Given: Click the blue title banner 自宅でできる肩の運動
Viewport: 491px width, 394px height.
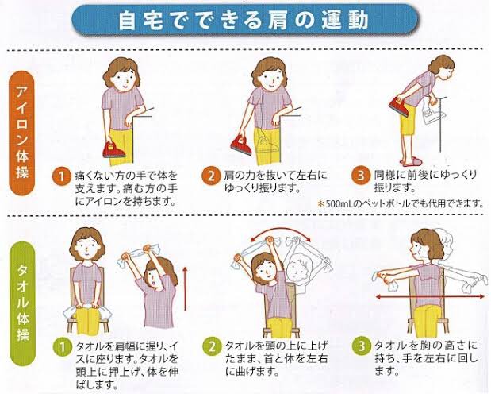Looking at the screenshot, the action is (244, 19).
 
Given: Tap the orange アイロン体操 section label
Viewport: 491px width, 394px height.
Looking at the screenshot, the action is (22, 133).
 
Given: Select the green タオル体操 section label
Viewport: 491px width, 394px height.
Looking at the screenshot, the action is (23, 303).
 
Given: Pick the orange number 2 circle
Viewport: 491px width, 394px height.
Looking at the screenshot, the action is (211, 176).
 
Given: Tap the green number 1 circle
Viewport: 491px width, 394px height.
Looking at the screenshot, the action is (63, 346).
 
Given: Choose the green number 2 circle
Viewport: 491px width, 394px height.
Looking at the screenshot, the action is (212, 346).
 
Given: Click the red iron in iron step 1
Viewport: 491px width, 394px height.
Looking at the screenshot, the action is (114, 150).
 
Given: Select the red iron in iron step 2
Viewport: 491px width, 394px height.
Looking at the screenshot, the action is (241, 145).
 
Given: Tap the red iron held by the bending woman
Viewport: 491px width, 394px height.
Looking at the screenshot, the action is (400, 106).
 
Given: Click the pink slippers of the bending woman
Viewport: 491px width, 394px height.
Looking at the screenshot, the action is (411, 162).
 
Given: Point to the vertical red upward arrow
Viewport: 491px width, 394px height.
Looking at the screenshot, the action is (185, 288).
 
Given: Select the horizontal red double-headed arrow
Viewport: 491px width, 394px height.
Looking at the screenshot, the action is (430, 296).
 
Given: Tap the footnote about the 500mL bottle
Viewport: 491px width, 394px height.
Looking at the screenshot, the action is (401, 204).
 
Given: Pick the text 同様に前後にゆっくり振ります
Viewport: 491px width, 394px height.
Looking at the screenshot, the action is (425, 181).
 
